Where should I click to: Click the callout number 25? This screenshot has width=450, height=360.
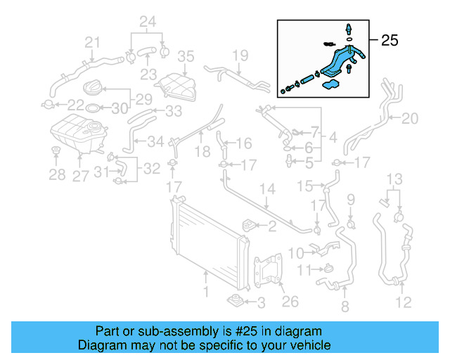tap(390, 41)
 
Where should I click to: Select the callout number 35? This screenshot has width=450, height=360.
tap(185, 56)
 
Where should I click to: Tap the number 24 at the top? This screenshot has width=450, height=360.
tap(147, 22)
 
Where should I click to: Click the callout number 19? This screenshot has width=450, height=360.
tap(240, 55)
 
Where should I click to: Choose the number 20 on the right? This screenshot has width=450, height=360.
tap(409, 117)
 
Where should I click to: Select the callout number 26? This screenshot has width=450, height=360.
tap(290, 302)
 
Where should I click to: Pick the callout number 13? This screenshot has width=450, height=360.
tap(396, 179)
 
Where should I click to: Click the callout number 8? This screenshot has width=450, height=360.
tap(345, 307)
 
